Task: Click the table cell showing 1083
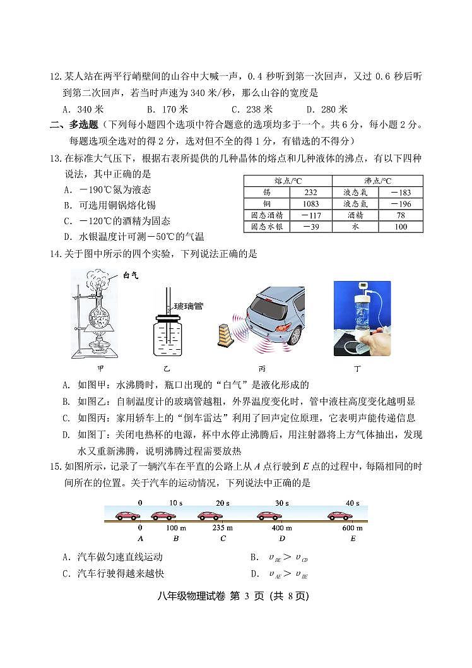coord(310,204)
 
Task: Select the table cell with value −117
coord(310,215)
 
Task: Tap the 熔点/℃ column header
coord(287,181)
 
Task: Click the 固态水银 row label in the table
coord(266,227)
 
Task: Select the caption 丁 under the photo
coord(362,367)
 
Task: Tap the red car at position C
coord(210,516)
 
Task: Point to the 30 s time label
coord(281,503)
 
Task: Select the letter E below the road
coord(353,539)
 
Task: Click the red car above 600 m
coord(340,516)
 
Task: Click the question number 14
coord(56,254)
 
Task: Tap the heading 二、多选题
coord(74,125)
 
